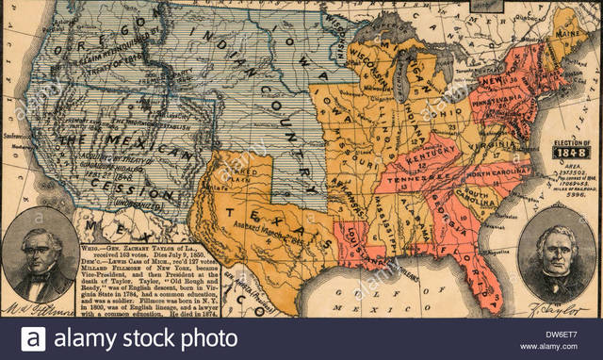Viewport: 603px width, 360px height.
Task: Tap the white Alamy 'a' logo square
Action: (33, 338)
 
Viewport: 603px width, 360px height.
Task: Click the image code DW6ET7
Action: (562, 331)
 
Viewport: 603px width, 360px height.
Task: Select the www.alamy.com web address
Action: (562, 346)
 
